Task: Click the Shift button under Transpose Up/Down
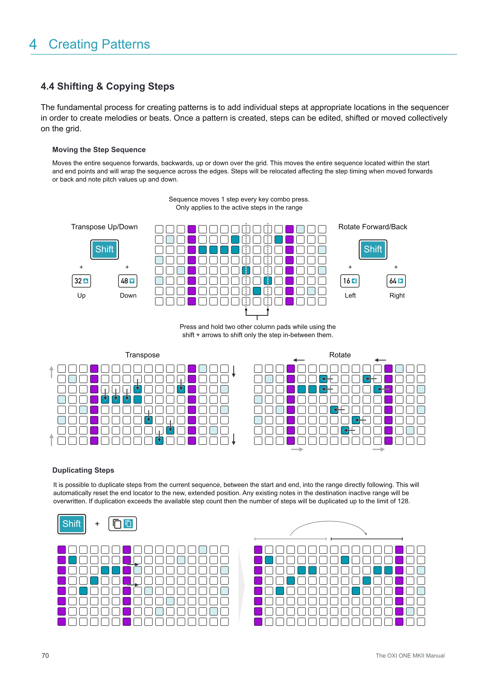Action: (104, 249)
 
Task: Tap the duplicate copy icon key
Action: (122, 524)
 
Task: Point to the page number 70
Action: (45, 655)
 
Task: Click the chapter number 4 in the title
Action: (33, 44)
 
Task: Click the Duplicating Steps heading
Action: (83, 470)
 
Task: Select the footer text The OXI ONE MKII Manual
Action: (410, 656)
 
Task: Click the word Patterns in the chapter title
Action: (126, 44)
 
